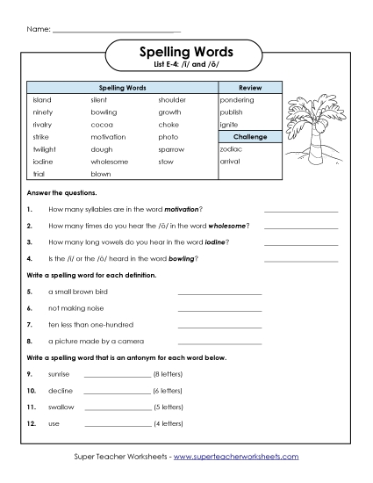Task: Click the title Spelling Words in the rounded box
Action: coord(185,53)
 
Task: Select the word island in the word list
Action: coord(42,100)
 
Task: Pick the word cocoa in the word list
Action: coord(102,125)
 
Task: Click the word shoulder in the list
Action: coord(172,100)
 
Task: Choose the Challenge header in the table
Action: coord(250,137)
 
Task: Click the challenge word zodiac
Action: coord(232,149)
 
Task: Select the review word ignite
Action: coord(230,125)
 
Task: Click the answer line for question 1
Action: coord(301,211)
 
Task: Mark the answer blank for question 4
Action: coord(301,261)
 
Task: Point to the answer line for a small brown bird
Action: coord(219,292)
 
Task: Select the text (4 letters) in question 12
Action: coord(168,425)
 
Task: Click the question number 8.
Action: coord(30,341)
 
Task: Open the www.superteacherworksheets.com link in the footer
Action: coord(236,457)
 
